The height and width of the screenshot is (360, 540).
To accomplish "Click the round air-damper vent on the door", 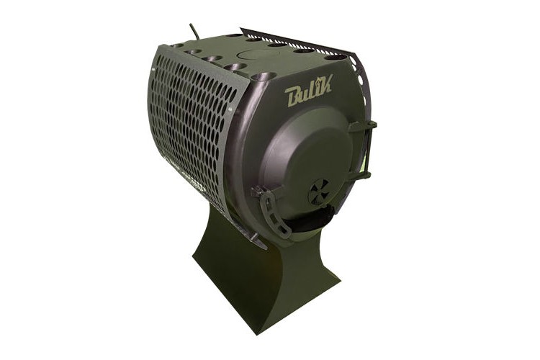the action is coord(318,193).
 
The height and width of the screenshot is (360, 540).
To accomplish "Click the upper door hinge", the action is coord(366,125).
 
